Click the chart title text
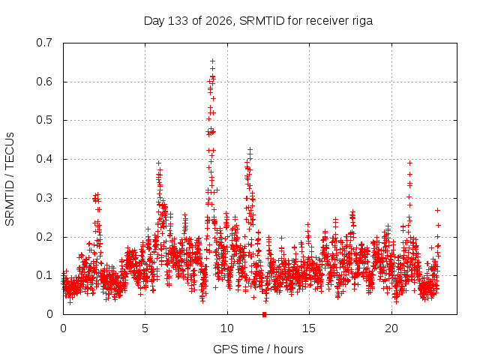pyautogui.click(x=258, y=21)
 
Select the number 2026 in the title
pyautogui.click(x=218, y=21)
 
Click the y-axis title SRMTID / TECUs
pyautogui.click(x=10, y=179)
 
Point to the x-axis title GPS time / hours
pyautogui.click(x=258, y=349)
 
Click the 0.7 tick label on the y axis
pyautogui.click(x=44, y=43)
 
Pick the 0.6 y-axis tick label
pyautogui.click(x=44, y=82)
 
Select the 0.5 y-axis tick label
pyautogui.click(x=44, y=120)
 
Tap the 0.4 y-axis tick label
pyautogui.click(x=44, y=159)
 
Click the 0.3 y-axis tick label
pyautogui.click(x=44, y=198)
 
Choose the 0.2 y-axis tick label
pyautogui.click(x=44, y=237)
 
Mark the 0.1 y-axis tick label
pyautogui.click(x=44, y=275)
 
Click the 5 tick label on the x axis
pyautogui.click(x=145, y=328)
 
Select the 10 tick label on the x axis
pyautogui.click(x=227, y=328)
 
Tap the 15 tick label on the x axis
pyautogui.click(x=309, y=328)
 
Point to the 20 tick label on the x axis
pyautogui.click(x=391, y=328)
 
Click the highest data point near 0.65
pyautogui.click(x=212, y=61)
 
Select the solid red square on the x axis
pyautogui.click(x=265, y=314)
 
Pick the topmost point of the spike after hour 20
pyautogui.click(x=409, y=163)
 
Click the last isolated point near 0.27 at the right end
pyautogui.click(x=438, y=210)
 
